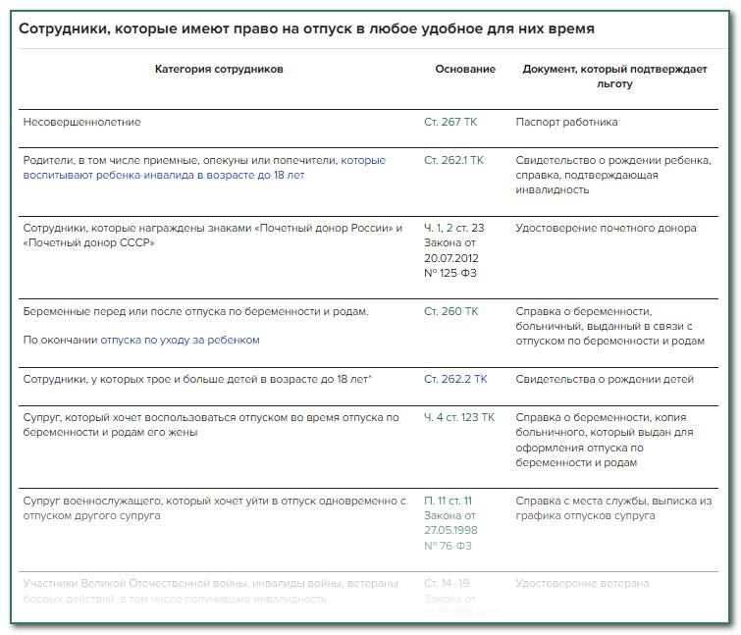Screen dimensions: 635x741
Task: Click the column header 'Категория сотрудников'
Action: [219, 70]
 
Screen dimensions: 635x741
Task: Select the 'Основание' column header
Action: [465, 70]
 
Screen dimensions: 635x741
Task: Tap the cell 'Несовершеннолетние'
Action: [82, 122]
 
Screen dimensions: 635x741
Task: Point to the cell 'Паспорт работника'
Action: [566, 122]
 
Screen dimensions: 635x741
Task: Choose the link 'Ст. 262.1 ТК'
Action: [454, 160]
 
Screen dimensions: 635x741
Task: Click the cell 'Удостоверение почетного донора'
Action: [606, 228]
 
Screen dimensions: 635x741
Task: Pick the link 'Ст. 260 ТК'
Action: [451, 311]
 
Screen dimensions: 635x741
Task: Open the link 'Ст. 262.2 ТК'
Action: [455, 379]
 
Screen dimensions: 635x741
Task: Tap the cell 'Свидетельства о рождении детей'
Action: [605, 379]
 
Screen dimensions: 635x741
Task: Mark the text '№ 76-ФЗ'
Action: [448, 546]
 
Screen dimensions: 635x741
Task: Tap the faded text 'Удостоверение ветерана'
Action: [582, 583]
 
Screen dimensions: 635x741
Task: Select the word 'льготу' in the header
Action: [614, 84]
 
